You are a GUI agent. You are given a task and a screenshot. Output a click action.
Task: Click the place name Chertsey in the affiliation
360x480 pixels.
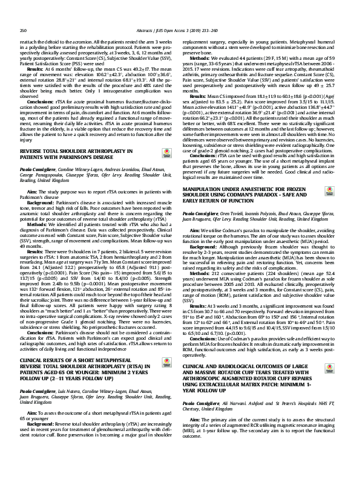[194, 391]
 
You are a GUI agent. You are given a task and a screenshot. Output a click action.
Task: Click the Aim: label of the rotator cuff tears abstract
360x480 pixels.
[194, 403]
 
